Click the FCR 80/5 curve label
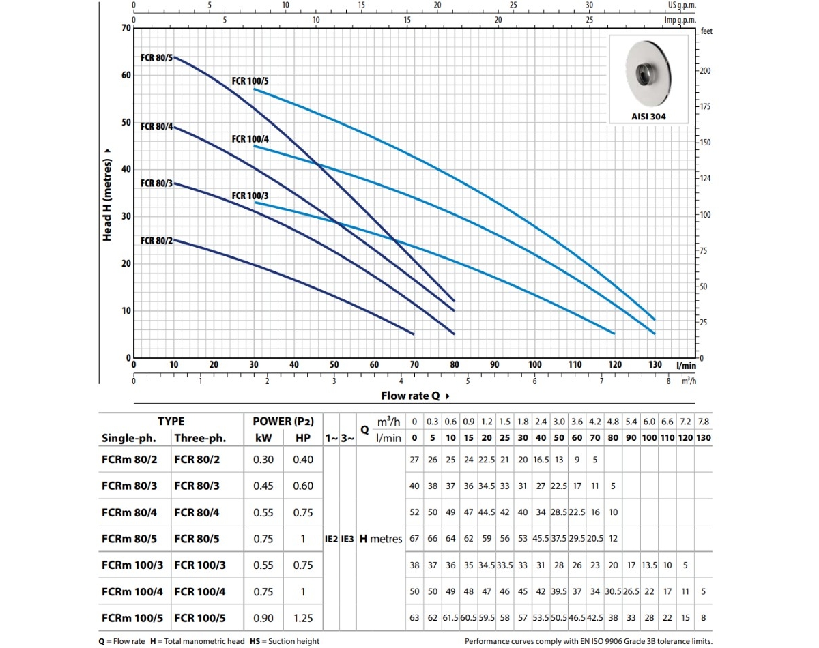[156, 57]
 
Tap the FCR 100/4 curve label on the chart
[250, 139]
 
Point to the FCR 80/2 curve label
[156, 240]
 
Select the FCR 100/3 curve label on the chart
[250, 196]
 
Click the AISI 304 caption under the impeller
[648, 117]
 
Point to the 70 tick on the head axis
[126, 29]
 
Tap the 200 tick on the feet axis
[706, 70]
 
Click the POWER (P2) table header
[283, 422]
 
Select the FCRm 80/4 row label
[129, 512]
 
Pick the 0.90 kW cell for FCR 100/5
[263, 618]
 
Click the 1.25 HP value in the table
[303, 618]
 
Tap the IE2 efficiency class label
[331, 539]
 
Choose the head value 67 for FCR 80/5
[414, 539]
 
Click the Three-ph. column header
[200, 438]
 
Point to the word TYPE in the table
[171, 422]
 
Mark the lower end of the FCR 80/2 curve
[414, 334]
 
